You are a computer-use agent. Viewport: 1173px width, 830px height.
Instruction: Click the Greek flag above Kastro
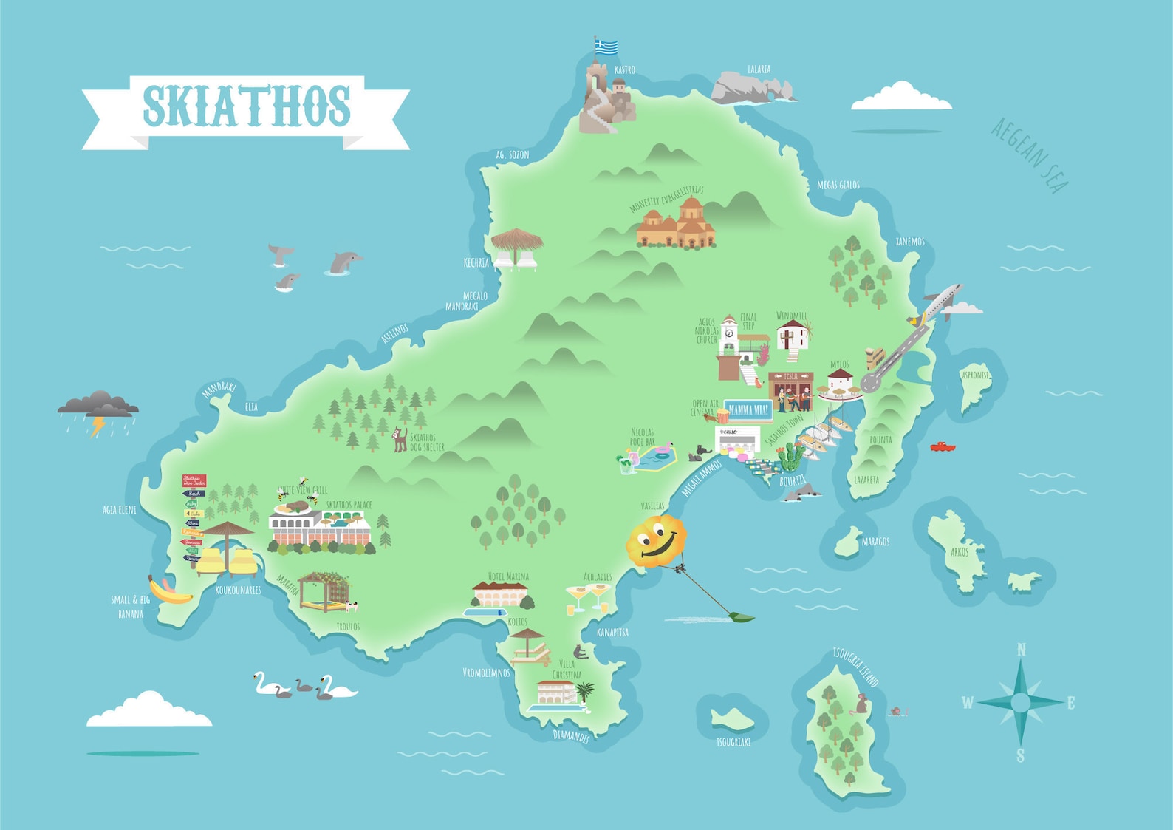coord(606,47)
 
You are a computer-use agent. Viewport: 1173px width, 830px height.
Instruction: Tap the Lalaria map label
coord(759,69)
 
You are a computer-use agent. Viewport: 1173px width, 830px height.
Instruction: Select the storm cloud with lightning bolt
coord(98,407)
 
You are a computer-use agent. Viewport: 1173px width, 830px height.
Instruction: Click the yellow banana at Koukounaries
coord(169,591)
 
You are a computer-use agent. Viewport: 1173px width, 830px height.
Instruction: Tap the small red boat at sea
coord(942,446)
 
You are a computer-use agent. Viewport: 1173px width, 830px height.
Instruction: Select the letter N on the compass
coord(1022,650)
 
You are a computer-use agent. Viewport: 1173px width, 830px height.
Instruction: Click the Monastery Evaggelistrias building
coord(676,224)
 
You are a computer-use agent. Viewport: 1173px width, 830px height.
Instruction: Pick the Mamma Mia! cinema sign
coord(748,409)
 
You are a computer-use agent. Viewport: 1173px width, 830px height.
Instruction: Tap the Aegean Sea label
coord(1029,156)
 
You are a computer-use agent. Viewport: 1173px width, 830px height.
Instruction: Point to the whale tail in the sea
coord(280,254)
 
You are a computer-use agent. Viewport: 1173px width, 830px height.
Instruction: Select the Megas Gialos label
coord(838,185)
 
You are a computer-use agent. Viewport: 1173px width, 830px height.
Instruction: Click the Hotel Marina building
coord(501,594)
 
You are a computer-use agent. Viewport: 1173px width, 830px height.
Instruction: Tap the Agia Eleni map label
coord(120,509)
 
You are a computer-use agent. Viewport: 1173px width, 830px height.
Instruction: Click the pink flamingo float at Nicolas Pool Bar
coord(664,449)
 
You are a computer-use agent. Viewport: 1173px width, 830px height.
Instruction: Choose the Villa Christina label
coord(567,669)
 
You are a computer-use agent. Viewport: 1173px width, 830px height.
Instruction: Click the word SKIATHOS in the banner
coord(247,106)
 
